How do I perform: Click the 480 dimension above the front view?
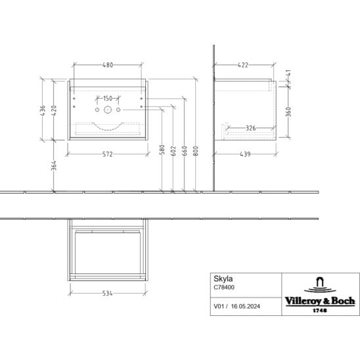pyautogui.click(x=108, y=65)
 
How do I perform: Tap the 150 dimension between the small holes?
pyautogui.click(x=108, y=99)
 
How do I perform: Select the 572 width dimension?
pyautogui.click(x=108, y=154)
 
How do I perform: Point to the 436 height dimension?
pyautogui.click(x=43, y=110)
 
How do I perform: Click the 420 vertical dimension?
pyautogui.click(x=54, y=110)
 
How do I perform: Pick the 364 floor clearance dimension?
pyautogui.click(x=54, y=166)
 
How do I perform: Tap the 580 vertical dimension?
pyautogui.click(x=162, y=150)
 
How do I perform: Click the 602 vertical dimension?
pyautogui.click(x=173, y=151)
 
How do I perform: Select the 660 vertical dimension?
pyautogui.click(x=185, y=151)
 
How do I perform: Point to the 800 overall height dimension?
pyautogui.click(x=196, y=151)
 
